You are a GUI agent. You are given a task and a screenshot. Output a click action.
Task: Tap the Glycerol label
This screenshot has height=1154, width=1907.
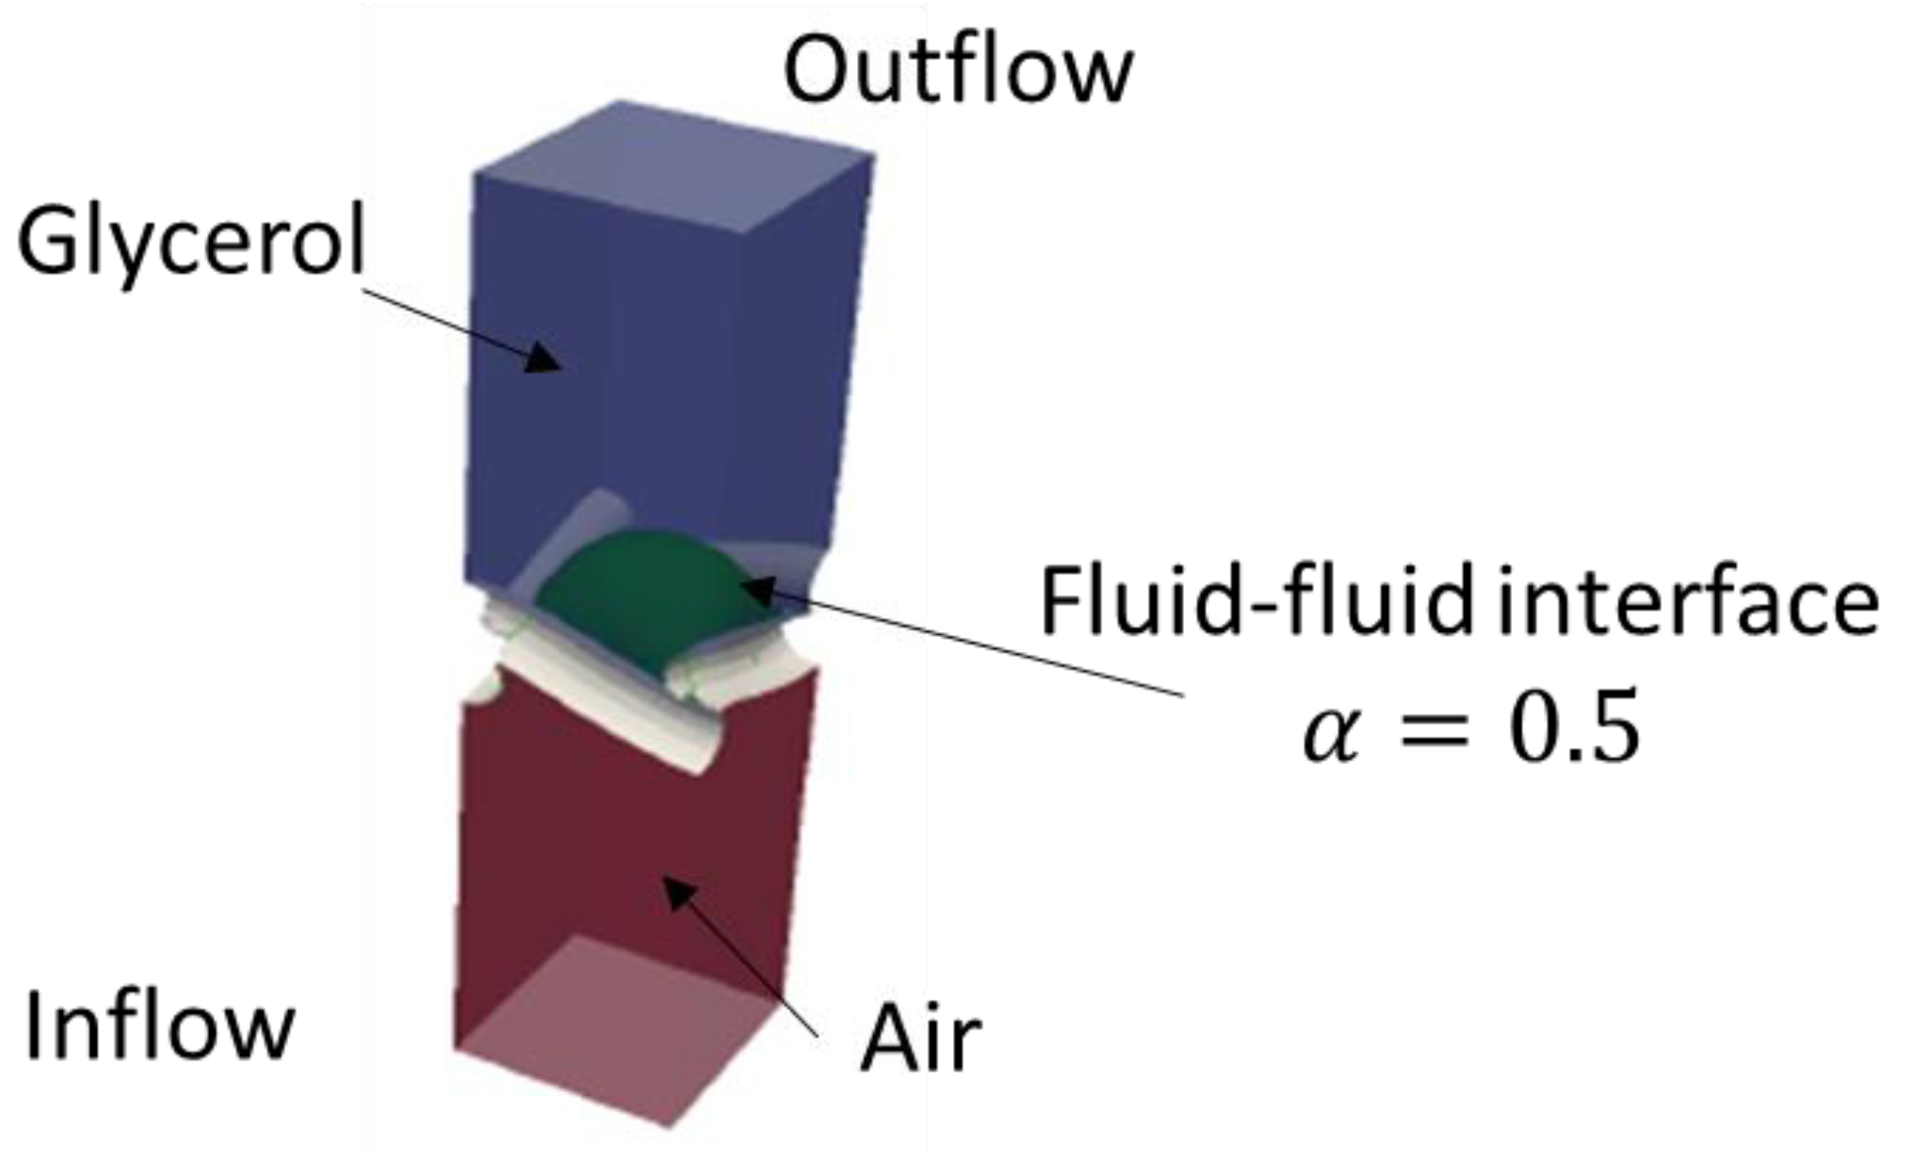pos(190,243)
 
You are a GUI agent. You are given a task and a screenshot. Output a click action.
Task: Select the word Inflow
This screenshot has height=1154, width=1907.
pos(159,1028)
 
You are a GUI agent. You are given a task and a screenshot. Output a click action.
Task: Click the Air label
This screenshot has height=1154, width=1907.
pos(919,1041)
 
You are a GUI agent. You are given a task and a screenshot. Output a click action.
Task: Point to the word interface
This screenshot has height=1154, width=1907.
pos(1688,603)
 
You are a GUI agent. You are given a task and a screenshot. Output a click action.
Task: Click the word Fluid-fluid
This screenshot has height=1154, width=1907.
pos(1256,603)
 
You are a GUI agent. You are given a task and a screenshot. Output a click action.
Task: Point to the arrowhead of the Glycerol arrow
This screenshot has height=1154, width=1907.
pos(545,358)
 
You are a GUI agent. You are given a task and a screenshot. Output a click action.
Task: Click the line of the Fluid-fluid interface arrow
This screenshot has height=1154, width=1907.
pos(979,645)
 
